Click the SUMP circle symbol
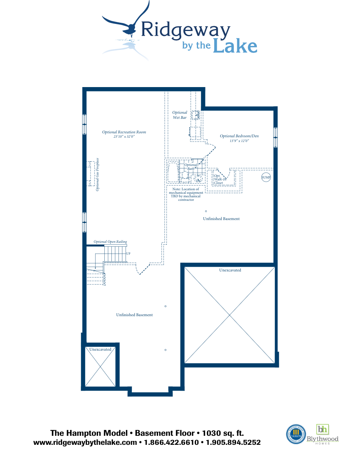(x=266, y=178)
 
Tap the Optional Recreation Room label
(x=124, y=132)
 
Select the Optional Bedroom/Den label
(x=239, y=136)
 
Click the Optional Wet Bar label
(x=180, y=115)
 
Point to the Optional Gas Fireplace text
(x=97, y=175)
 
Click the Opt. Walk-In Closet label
(x=218, y=179)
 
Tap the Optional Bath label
(x=191, y=167)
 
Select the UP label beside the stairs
(x=128, y=254)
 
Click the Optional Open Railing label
(x=110, y=242)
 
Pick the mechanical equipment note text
(x=186, y=194)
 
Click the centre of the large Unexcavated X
(x=229, y=315)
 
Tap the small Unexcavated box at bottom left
(x=100, y=367)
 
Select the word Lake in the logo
(x=235, y=46)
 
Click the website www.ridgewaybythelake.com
(x=86, y=442)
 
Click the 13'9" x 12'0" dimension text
(x=239, y=141)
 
